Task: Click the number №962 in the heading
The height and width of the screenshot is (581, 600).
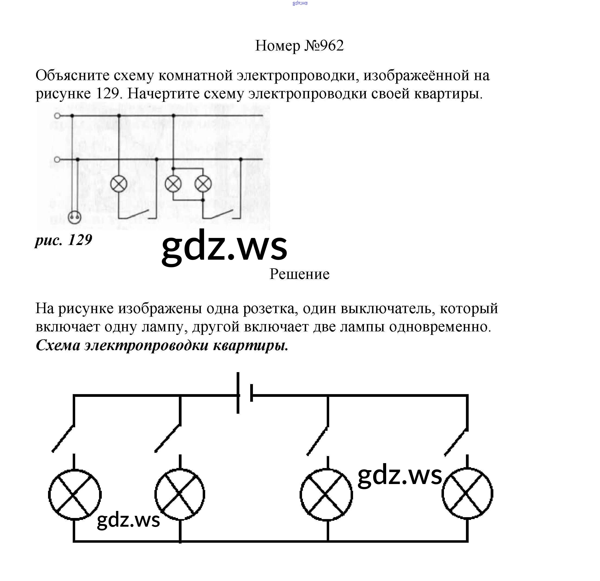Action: tap(324, 46)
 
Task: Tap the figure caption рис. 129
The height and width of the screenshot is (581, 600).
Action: tap(64, 240)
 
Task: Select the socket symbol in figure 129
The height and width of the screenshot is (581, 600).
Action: tap(74, 217)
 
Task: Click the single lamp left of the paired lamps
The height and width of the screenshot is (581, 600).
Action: tap(119, 184)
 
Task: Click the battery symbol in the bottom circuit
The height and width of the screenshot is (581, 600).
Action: tap(244, 393)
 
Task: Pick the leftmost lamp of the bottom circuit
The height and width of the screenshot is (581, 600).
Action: tap(75, 494)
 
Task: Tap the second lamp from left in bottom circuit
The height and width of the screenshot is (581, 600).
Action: tap(180, 494)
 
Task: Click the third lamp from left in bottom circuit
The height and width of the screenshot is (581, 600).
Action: tap(326, 494)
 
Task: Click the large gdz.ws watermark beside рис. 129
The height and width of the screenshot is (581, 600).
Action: tap(224, 247)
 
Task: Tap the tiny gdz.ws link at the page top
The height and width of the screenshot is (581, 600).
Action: tap(300, 3)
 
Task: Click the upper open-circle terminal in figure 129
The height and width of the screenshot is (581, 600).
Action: tap(57, 116)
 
